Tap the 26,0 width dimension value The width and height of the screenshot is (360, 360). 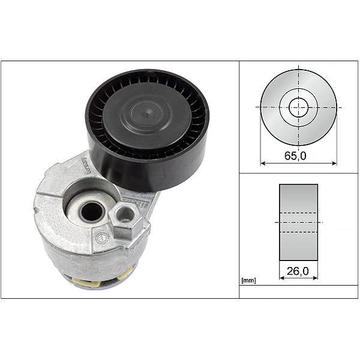click(x=298, y=271)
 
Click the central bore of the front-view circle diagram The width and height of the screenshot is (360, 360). click(x=298, y=108)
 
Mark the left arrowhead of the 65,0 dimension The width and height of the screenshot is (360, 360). click(x=263, y=162)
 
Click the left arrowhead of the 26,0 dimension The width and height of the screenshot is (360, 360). click(x=281, y=279)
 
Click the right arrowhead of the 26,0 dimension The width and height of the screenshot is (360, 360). click(x=316, y=279)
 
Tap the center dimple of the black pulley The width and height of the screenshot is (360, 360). click(x=146, y=110)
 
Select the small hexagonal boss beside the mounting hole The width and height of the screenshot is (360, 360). click(x=125, y=212)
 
